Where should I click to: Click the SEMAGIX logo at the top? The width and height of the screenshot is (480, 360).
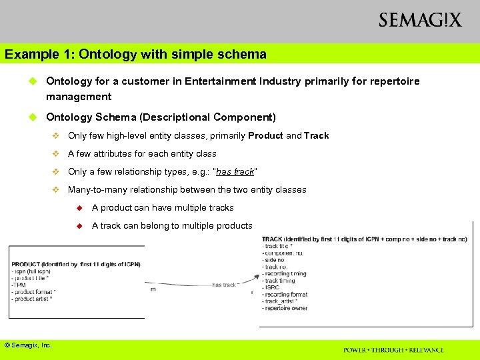click(419, 20)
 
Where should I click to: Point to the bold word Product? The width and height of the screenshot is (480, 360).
click(265, 135)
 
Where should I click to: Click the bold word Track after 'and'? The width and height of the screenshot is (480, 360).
click(317, 135)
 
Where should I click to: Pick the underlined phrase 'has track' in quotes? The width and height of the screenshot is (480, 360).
click(235, 171)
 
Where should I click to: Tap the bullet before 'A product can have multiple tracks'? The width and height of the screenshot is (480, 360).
click(78, 207)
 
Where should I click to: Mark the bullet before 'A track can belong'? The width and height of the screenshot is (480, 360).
click(78, 225)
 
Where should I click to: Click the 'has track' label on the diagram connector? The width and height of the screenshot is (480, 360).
click(225, 285)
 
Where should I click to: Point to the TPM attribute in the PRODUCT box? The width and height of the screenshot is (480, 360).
click(19, 285)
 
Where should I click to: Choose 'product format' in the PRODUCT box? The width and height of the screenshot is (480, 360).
click(33, 291)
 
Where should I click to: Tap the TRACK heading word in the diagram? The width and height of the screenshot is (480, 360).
click(272, 239)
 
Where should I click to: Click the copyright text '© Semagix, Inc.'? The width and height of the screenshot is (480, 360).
click(28, 345)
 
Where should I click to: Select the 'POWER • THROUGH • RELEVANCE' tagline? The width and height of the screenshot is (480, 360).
click(393, 350)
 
